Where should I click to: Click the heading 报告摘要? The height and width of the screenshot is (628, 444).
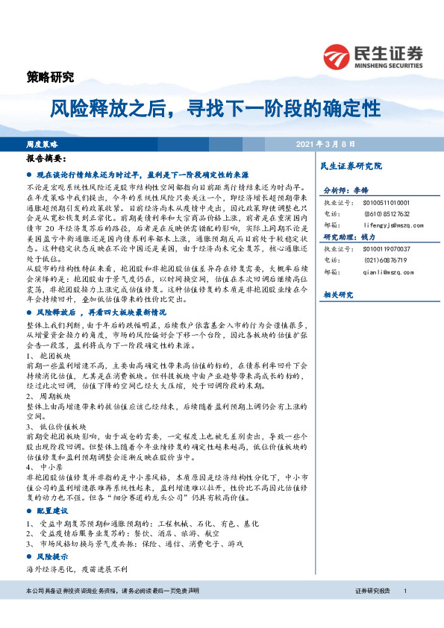pyautogui.click(x=46, y=159)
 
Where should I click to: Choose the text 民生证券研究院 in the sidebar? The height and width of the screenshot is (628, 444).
pyautogui.click(x=350, y=166)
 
